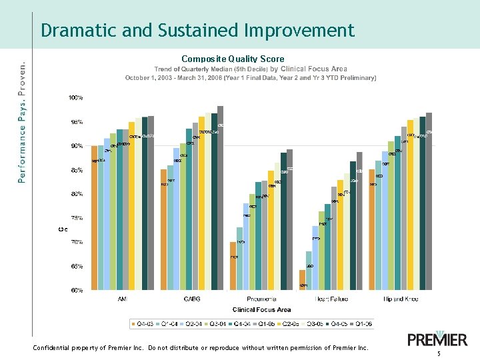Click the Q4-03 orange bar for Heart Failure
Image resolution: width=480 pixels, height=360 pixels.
[302, 280]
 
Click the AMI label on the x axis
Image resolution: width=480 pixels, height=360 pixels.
[123, 299]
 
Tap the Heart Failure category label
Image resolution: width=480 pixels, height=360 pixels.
[331, 299]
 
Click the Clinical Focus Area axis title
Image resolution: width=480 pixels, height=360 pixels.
[261, 310]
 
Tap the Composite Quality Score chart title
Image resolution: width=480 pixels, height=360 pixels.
[233, 59]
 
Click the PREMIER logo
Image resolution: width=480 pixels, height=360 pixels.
[437, 339]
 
